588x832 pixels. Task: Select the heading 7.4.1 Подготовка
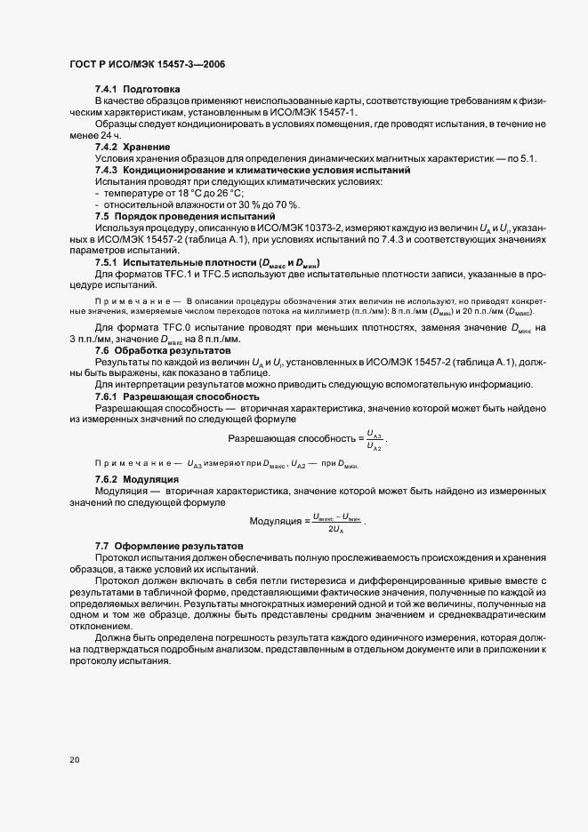pyautogui.click(x=138, y=90)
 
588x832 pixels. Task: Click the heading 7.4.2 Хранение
pyautogui.click(x=133, y=146)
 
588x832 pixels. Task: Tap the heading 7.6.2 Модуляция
pyautogui.click(x=137, y=478)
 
